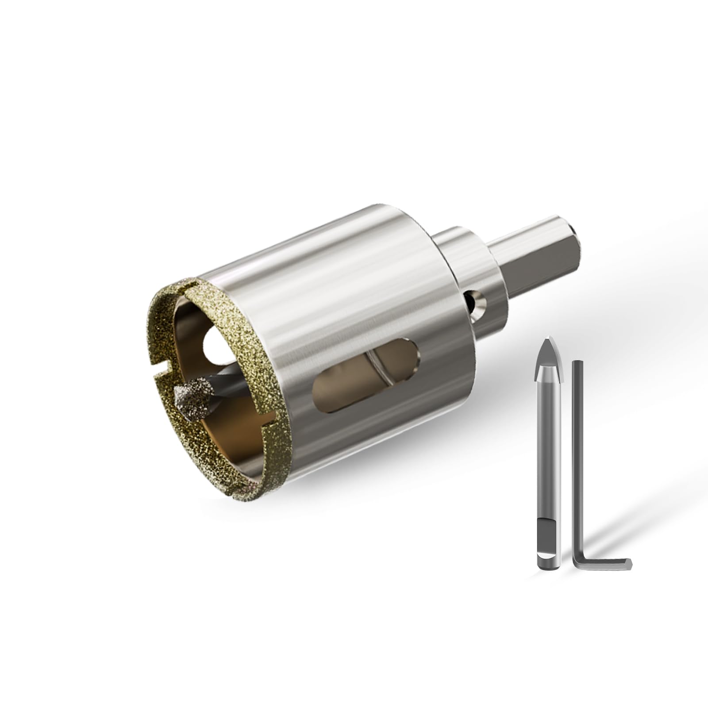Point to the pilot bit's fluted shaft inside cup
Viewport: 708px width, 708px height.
point(221,389)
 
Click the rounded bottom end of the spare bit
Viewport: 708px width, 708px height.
point(549,565)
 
